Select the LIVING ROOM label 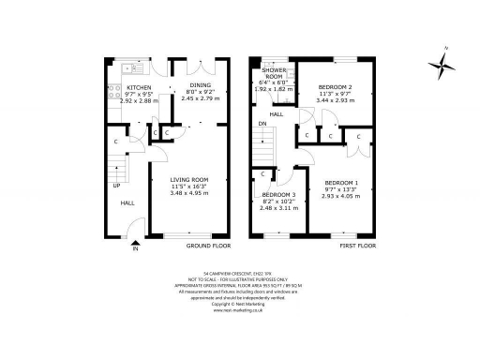(x=188, y=179)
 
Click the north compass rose (x=441, y=64)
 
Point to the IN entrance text (x=135, y=249)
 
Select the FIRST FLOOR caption (x=356, y=246)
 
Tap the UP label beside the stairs (x=117, y=185)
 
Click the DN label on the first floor (x=262, y=122)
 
